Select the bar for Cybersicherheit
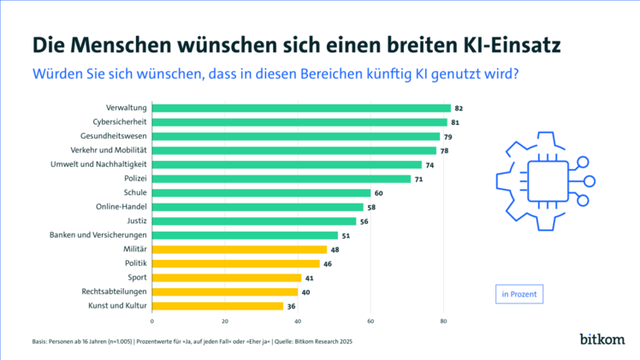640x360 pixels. (x=299, y=122)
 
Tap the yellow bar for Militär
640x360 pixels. (x=240, y=249)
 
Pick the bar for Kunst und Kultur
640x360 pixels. (x=217, y=305)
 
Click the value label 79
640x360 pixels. (x=448, y=136)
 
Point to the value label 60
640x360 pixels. (x=379, y=192)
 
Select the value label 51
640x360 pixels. (x=346, y=235)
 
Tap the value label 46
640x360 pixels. (x=328, y=263)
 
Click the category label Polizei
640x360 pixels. (x=133, y=179)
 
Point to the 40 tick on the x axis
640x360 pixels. (x=298, y=322)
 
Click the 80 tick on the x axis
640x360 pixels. (x=443, y=322)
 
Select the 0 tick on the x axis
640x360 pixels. (x=152, y=322)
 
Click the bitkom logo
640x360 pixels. (x=601, y=339)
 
